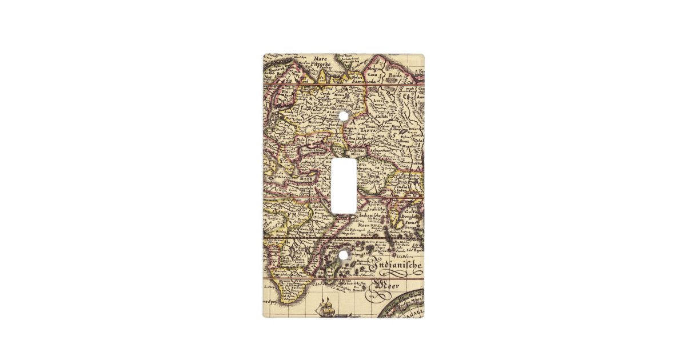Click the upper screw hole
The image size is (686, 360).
[343, 116]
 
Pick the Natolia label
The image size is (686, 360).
[311, 162]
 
